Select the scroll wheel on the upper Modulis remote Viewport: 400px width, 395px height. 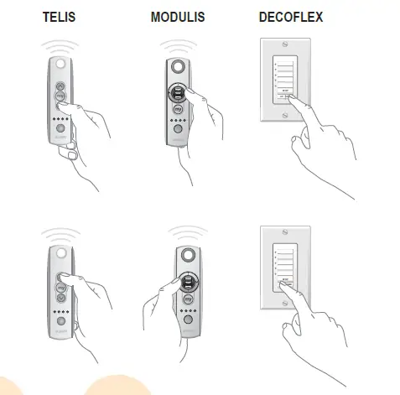179,91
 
